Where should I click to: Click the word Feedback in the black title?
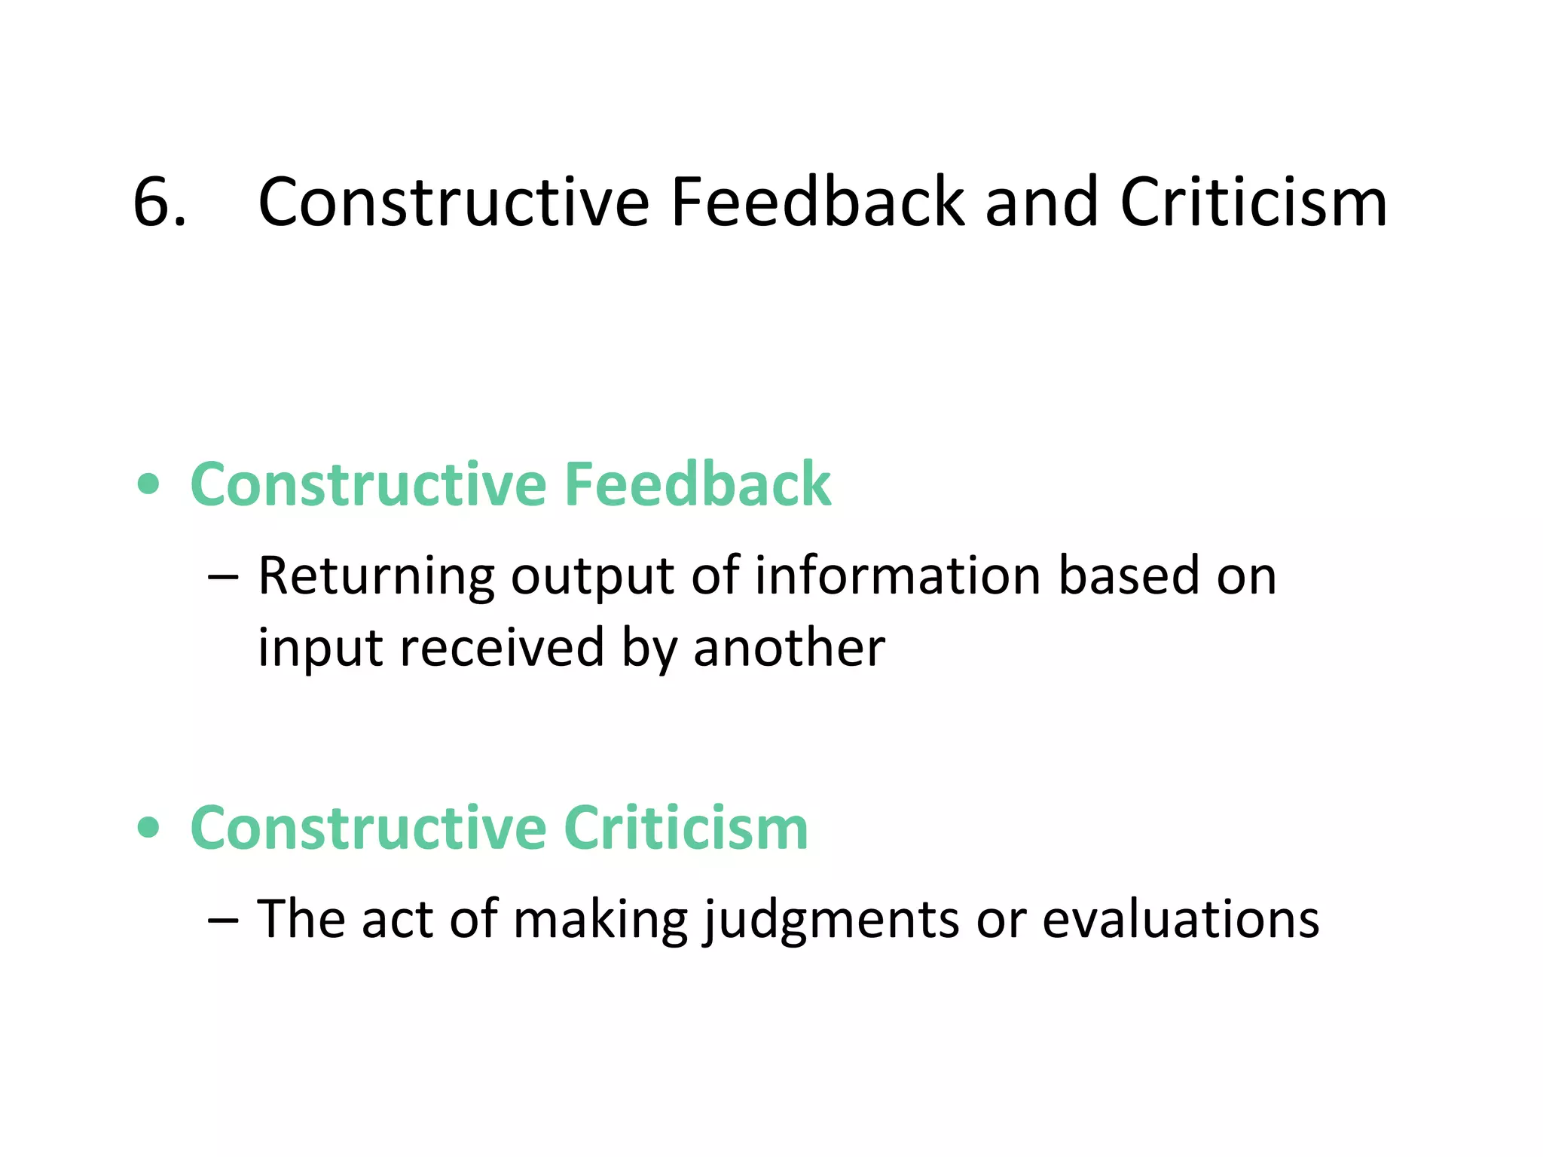(817, 202)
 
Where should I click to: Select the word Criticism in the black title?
(1253, 202)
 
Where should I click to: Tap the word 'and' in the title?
(1041, 202)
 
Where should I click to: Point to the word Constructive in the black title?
(454, 202)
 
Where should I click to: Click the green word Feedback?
(698, 484)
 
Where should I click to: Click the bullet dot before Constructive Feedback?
(149, 484)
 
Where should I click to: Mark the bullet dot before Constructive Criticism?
(149, 828)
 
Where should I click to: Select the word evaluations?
(1181, 919)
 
